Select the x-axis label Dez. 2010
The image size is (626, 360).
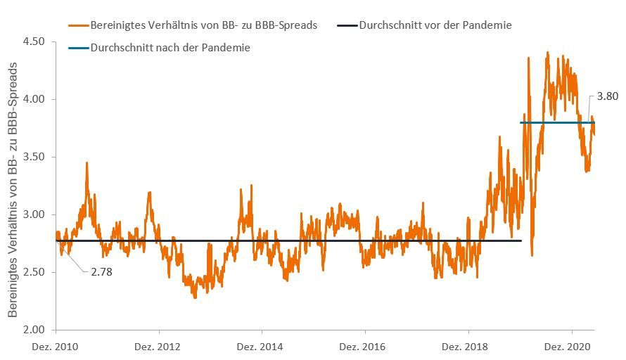56,347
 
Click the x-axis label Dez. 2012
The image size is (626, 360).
159,347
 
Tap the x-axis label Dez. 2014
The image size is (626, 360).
262,347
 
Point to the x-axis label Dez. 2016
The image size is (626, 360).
365,347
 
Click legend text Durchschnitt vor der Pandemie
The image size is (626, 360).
435,25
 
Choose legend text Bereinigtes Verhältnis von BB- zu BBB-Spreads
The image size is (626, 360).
204,25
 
